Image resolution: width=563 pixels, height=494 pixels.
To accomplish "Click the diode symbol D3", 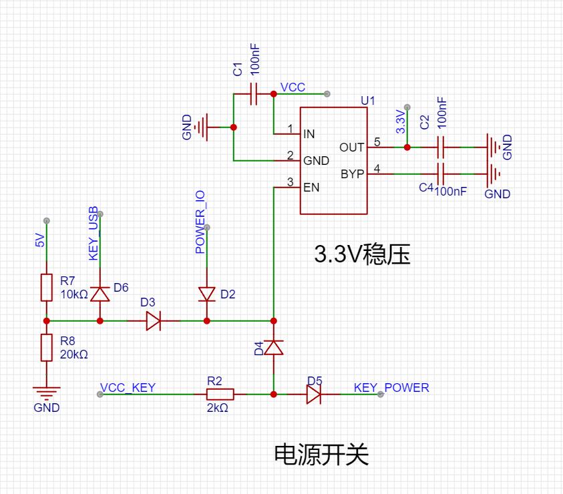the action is click(154, 320).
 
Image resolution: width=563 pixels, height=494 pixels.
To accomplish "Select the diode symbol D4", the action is click(274, 348).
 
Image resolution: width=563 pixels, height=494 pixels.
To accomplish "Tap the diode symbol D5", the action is click(314, 394).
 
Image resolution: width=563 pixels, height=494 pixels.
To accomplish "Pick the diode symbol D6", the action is click(100, 294).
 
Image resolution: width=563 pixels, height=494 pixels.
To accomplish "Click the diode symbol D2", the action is click(207, 294).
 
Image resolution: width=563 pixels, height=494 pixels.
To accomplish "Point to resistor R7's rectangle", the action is click(46, 287).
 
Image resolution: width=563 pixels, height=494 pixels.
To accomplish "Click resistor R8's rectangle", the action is click(46, 348).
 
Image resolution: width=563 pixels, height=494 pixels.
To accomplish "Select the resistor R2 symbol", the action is click(220, 394).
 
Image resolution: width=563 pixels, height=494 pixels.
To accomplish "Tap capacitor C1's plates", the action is click(254, 93).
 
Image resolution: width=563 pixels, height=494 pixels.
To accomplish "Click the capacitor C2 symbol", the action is click(441, 147).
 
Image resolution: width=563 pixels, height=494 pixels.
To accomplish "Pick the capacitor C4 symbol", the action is click(441, 174).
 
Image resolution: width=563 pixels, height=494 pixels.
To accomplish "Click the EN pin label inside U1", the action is click(311, 188).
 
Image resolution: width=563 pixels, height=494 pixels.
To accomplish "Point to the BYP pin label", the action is click(352, 174).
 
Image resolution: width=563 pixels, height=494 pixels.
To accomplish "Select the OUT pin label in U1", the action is click(352, 147).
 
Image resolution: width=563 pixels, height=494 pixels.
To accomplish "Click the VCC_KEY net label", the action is click(128, 388).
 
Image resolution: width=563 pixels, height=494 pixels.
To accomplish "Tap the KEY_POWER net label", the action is click(391, 388).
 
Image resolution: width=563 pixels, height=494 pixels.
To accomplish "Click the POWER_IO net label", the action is click(200, 222).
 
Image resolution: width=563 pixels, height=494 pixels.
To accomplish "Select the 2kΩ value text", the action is click(218, 408).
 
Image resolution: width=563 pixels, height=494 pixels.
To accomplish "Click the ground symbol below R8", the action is click(46, 393).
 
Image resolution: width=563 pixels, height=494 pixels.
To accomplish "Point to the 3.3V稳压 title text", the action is click(362, 254).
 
